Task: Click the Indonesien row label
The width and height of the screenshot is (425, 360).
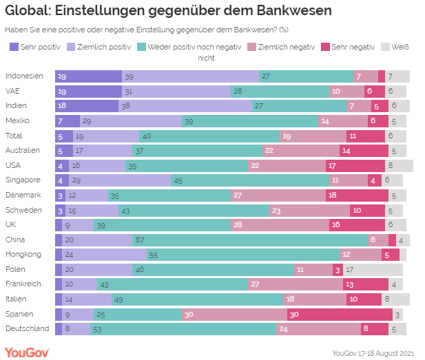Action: coord(23,76)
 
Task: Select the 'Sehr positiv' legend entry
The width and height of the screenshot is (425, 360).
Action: coord(35,47)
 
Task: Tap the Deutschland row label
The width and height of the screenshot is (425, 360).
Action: coord(27,328)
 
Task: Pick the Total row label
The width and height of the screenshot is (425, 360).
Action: coord(14,136)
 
